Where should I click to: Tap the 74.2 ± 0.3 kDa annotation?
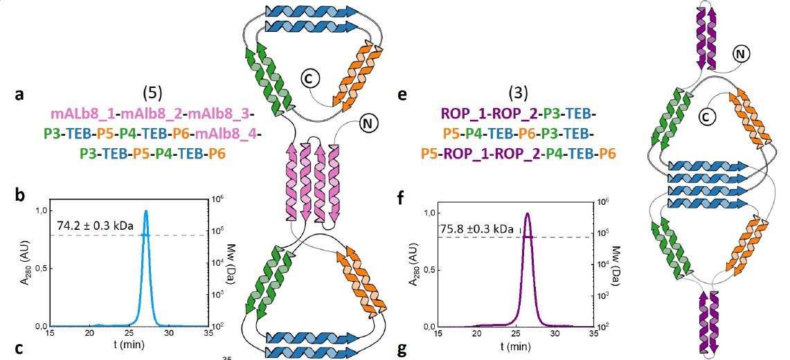(x=94, y=224)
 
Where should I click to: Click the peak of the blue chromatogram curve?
(x=146, y=212)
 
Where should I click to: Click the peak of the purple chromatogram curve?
(x=528, y=213)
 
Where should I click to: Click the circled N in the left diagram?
(x=368, y=126)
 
